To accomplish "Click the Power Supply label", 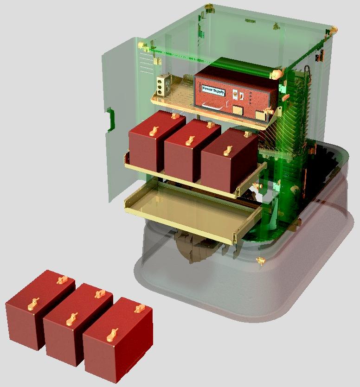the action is pyautogui.click(x=213, y=90).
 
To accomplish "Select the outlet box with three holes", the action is pyautogui.click(x=161, y=85).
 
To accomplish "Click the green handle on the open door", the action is pyautogui.click(x=111, y=119).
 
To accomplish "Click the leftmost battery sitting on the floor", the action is pyautogui.click(x=39, y=309).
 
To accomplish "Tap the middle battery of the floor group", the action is pyautogui.click(x=77, y=324).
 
